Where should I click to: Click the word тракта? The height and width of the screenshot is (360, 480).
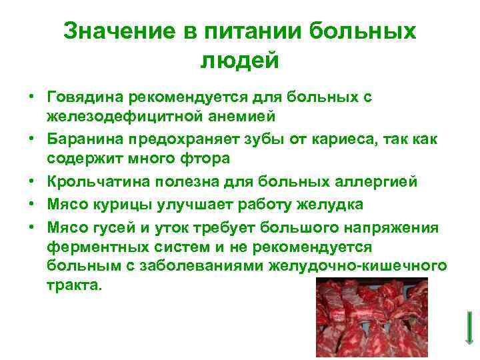(75, 284)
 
